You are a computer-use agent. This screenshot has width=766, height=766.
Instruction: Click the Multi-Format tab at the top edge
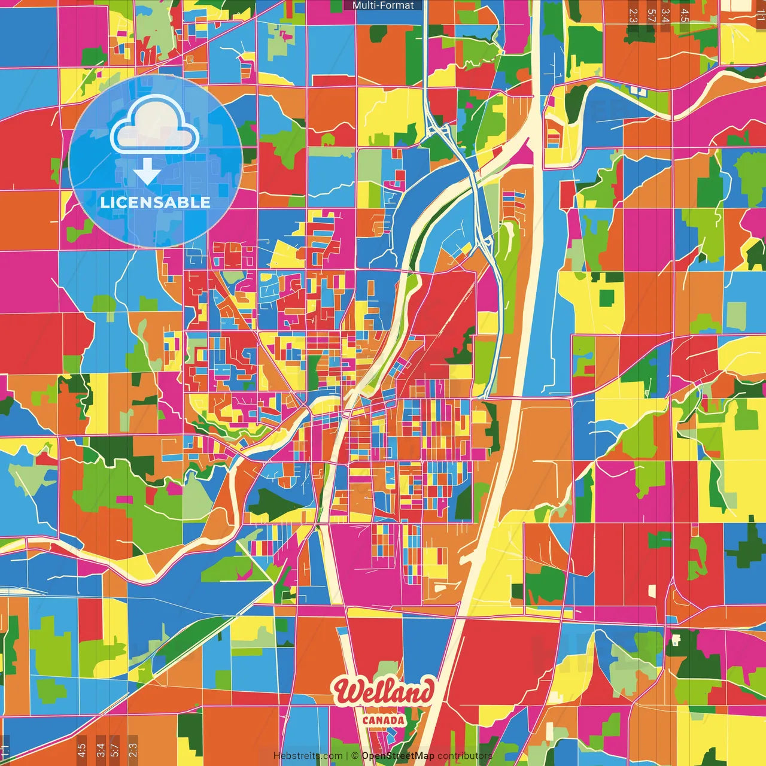pos(383,5)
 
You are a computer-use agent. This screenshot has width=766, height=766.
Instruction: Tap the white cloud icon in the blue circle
pos(154,127)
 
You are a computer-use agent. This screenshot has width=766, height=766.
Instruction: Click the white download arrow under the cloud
pos(147,172)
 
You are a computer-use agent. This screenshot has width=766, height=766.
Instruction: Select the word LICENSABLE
pos(156,202)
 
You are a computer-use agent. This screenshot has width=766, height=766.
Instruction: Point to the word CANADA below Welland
pos(384,720)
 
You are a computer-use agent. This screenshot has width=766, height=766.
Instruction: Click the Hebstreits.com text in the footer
pos(308,756)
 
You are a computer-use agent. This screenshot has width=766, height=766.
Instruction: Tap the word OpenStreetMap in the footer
pos(398,756)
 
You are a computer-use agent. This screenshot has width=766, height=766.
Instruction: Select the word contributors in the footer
pos(464,756)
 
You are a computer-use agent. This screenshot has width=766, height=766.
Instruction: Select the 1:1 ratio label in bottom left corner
pos(5,750)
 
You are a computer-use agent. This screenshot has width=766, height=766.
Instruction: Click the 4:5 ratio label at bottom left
pos(81,750)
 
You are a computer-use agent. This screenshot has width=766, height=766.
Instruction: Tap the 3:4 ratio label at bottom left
pos(101,750)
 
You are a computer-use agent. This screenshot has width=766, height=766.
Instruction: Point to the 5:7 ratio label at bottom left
pos(115,750)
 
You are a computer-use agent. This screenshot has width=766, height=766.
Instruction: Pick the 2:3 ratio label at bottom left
pos(133,750)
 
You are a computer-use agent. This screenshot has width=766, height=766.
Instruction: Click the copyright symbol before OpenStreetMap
pos(355,756)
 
